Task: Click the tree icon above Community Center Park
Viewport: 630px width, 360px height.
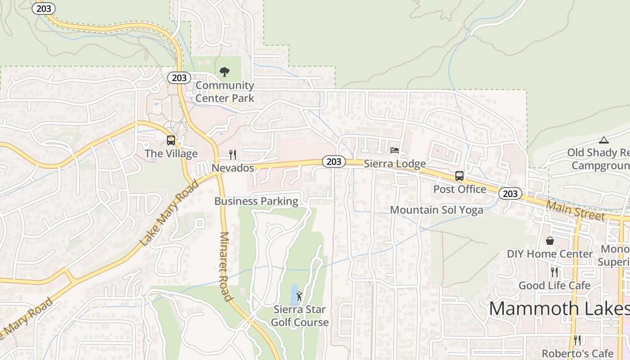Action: (x=224, y=72)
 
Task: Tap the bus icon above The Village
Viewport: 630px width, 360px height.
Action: (x=171, y=140)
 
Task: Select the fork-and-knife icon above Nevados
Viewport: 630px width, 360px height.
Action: (x=233, y=155)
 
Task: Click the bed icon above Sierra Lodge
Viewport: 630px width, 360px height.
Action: (x=395, y=150)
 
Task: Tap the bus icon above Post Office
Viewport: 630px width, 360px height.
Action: (x=459, y=176)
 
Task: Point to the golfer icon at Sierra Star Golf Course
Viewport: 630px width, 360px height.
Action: (x=300, y=296)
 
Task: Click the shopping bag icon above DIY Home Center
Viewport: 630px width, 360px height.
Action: (x=549, y=241)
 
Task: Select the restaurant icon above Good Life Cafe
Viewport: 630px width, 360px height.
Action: (x=554, y=272)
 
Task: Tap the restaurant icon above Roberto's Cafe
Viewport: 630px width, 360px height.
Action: (x=577, y=340)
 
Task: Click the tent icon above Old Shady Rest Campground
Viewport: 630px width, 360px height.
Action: (x=603, y=140)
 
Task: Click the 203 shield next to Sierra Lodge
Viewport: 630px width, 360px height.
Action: (x=334, y=162)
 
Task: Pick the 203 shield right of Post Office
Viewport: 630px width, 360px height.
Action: (x=510, y=193)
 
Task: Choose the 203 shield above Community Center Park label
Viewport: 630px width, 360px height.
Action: (x=179, y=78)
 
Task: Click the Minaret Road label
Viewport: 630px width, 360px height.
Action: (x=226, y=266)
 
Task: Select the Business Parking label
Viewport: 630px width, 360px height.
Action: (x=256, y=201)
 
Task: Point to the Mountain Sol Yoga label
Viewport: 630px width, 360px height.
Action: (x=436, y=210)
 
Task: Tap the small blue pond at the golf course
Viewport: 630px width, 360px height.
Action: (x=294, y=295)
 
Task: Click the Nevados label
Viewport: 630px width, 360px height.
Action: (x=233, y=168)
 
